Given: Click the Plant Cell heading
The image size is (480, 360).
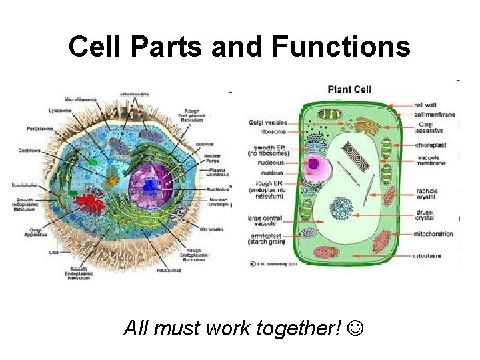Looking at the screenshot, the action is coord(349,89).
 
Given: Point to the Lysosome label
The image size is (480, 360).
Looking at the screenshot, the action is coord(61,110).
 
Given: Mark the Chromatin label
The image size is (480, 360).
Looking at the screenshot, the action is coord(211,229).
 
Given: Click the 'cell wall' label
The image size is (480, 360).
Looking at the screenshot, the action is coord(426,105).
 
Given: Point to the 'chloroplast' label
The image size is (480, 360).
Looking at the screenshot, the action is coord(430,145).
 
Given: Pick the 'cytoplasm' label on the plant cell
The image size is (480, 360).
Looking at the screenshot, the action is coord(433,255).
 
